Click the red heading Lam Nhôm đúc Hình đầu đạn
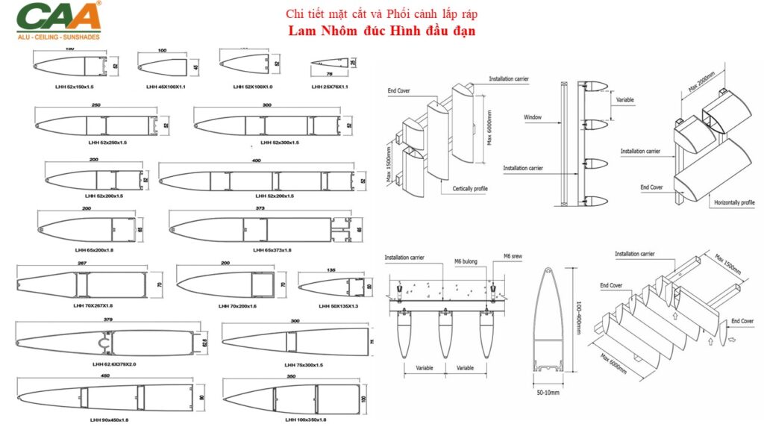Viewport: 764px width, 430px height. (x=382, y=31)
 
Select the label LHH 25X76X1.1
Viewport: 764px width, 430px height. (x=330, y=87)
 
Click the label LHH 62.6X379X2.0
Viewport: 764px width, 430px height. (x=114, y=364)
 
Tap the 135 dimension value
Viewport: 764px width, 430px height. (x=331, y=270)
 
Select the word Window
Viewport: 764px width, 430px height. (x=533, y=117)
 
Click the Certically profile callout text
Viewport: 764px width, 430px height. (x=470, y=189)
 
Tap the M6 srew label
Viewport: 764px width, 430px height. (x=513, y=255)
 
